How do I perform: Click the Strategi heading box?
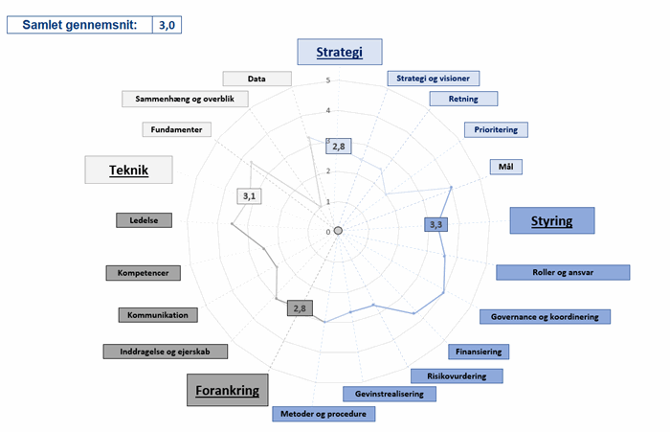(x=340, y=52)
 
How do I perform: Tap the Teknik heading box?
(x=128, y=170)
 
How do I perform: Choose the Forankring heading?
(x=227, y=390)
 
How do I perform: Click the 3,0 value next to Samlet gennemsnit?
(x=167, y=23)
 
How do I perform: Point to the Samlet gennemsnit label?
(x=79, y=23)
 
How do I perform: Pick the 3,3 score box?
(x=435, y=224)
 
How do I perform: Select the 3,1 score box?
(x=250, y=196)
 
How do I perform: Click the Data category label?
(x=257, y=79)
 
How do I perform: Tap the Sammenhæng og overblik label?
(x=186, y=98)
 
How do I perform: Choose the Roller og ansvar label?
(x=563, y=272)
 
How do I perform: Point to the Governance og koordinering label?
(x=545, y=316)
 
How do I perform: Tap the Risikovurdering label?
(x=449, y=375)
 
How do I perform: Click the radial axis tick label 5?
(x=327, y=80)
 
